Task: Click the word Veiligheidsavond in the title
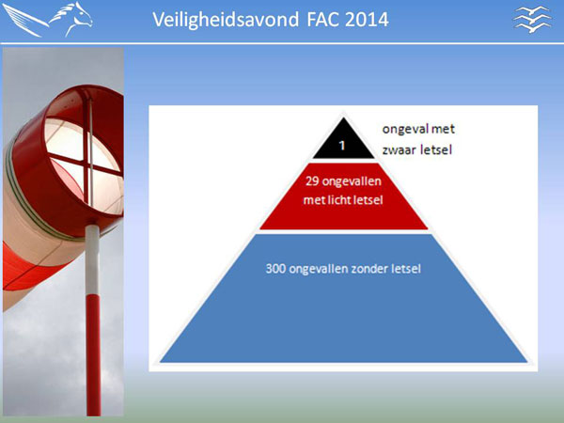(x=226, y=20)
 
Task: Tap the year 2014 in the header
(x=367, y=20)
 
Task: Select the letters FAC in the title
(x=322, y=20)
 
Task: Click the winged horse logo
(x=48, y=20)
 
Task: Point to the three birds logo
(x=533, y=20)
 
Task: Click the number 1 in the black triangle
(x=342, y=146)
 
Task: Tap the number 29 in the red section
(x=312, y=180)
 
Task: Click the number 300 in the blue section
(x=275, y=269)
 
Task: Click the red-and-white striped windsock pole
(x=93, y=321)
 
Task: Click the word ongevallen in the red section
(x=352, y=181)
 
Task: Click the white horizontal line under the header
(x=282, y=43)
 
